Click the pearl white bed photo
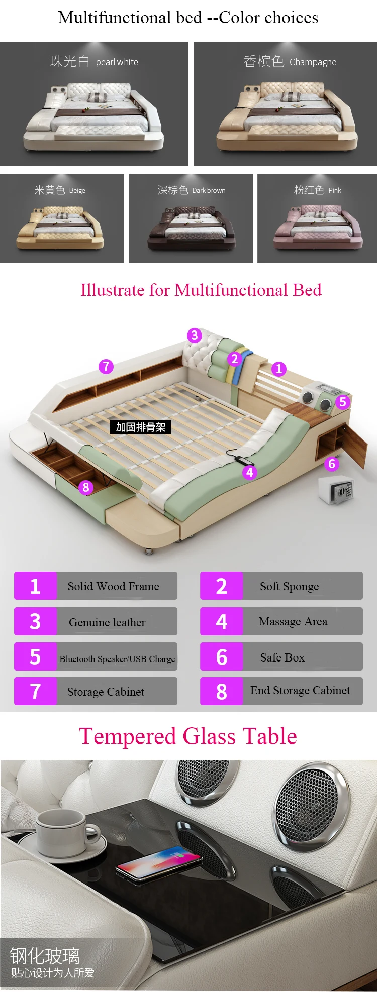(x=93, y=104)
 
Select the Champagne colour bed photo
(x=285, y=104)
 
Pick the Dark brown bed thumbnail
(x=191, y=218)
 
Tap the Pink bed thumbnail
(x=317, y=218)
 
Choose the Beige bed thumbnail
(x=62, y=218)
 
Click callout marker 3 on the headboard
(x=195, y=336)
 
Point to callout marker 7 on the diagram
(x=106, y=366)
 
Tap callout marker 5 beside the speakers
(x=343, y=402)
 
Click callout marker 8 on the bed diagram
(x=86, y=487)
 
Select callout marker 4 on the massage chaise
(x=250, y=472)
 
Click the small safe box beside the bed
(x=336, y=490)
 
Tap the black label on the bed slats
(x=141, y=427)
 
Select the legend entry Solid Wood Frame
(x=96, y=586)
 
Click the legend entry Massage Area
(x=281, y=621)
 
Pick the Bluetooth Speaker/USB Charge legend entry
(x=96, y=656)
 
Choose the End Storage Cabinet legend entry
(x=281, y=691)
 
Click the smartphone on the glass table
(x=159, y=863)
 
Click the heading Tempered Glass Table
(x=188, y=736)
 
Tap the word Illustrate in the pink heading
(x=113, y=290)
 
